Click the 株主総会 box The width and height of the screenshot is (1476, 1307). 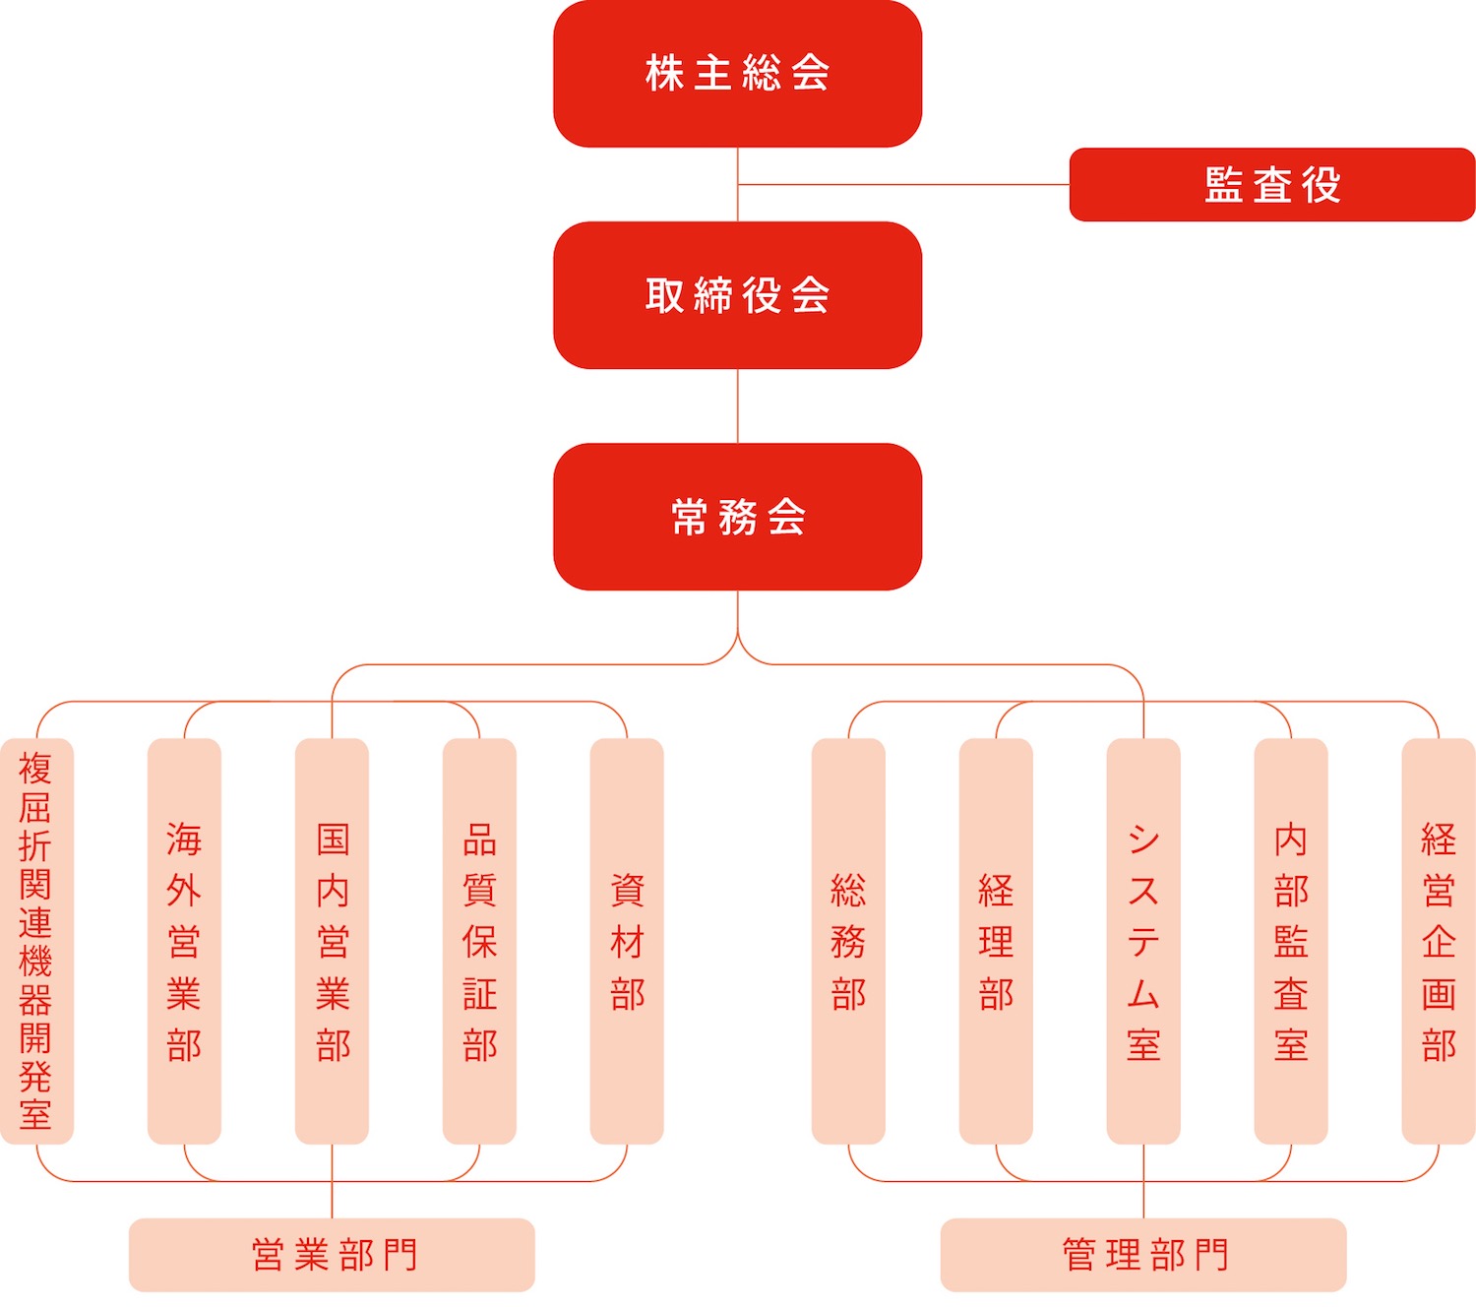[737, 74]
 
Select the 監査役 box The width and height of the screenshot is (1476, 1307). [1272, 184]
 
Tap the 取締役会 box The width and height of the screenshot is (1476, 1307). [737, 295]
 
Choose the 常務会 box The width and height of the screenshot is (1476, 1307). [737, 517]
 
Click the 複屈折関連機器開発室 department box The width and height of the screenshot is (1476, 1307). [36, 941]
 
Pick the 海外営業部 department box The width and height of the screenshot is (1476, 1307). [184, 941]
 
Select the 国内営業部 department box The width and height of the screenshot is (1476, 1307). [332, 941]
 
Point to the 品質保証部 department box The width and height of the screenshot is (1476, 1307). [479, 941]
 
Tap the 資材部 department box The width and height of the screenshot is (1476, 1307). [627, 941]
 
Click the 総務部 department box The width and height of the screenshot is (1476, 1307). [848, 941]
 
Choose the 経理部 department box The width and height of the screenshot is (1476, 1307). [996, 941]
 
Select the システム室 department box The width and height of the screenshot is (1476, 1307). [1143, 941]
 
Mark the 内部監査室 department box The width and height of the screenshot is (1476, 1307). [1291, 941]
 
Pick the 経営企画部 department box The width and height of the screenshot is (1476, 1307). [1439, 941]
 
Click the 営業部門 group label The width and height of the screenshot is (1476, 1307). [332, 1255]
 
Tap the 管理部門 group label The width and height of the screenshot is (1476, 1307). [1143, 1255]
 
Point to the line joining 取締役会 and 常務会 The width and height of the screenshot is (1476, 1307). [737, 405]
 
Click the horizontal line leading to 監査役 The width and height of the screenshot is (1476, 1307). [903, 184]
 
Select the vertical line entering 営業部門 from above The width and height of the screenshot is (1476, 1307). [332, 1181]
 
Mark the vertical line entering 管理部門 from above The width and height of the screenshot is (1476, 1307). [1143, 1181]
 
